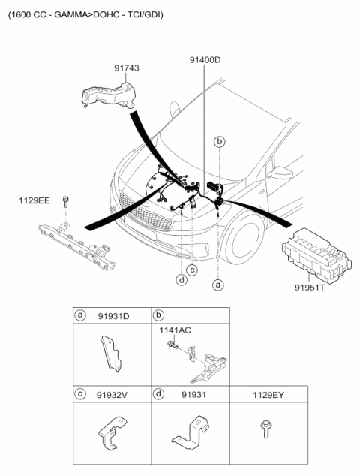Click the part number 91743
[127, 68]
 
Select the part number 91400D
[205, 60]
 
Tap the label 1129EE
[34, 200]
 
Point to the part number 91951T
[310, 288]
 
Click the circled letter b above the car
[219, 142]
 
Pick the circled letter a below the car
[217, 285]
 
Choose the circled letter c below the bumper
[192, 270]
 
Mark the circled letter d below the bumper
[181, 279]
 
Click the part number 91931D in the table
[113, 316]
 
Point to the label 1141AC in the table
[175, 330]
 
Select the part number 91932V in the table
[112, 395]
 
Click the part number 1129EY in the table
[268, 395]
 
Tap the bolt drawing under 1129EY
[266, 429]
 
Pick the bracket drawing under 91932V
[112, 433]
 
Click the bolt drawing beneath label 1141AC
[172, 345]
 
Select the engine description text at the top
[85, 14]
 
